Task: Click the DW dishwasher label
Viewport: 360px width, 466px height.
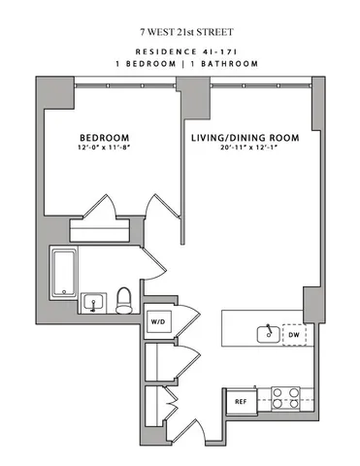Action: coord(294,335)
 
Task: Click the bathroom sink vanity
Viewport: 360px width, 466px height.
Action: coord(94,303)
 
